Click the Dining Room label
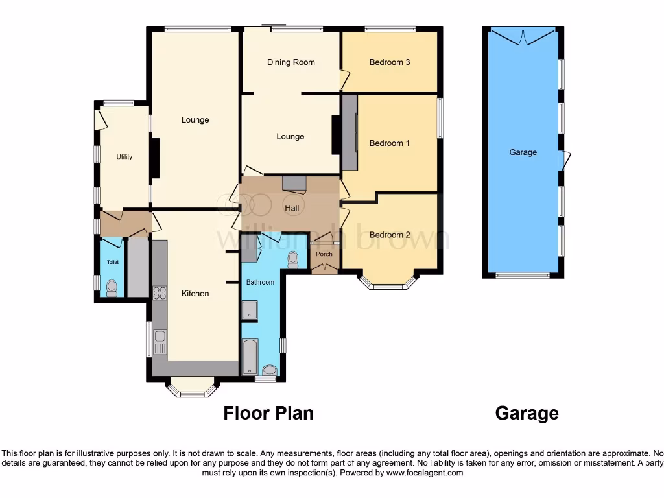coord(290,62)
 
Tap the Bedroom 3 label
coord(390,62)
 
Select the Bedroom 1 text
coord(390,143)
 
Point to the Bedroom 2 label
coord(390,235)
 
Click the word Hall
coord(292,208)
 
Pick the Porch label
coord(324,254)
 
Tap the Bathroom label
coord(260,282)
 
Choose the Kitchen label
coord(195,294)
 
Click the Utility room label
coord(124,157)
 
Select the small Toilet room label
coord(113,263)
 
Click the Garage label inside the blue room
coord(523,152)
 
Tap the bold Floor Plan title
coord(268,413)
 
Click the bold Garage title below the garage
coord(527,413)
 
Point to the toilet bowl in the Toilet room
coord(112,287)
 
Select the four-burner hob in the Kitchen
coord(159,292)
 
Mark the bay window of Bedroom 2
coord(388,283)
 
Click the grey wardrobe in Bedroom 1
coord(350,132)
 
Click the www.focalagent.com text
coord(425,473)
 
